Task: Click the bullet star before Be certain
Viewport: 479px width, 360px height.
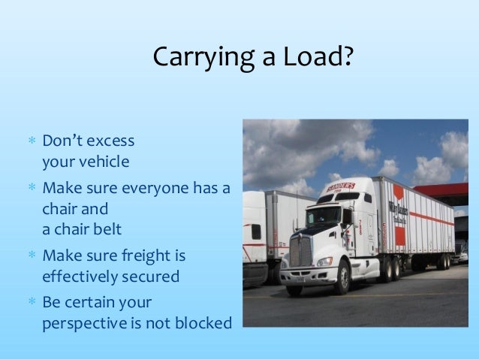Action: pos(32,303)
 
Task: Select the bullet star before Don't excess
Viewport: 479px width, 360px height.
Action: pos(32,141)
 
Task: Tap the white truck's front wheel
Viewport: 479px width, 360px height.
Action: pos(342,278)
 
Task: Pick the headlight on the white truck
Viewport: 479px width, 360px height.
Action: pos(324,261)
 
